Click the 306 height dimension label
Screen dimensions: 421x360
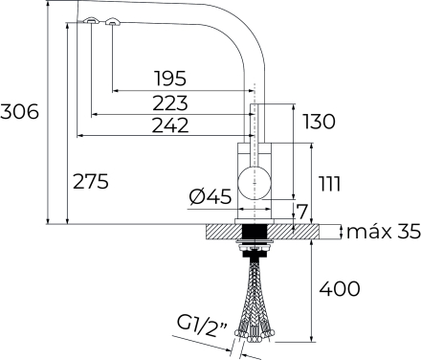tap(19, 112)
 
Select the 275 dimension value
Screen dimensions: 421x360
tap(91, 181)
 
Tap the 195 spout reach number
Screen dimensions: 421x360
tap(170, 79)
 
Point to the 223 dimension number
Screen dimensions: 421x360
tap(170, 103)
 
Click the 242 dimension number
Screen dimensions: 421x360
tap(170, 125)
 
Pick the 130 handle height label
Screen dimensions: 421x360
tap(319, 122)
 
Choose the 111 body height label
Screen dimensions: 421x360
tap(330, 184)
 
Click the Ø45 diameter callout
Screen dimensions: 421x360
tap(210, 196)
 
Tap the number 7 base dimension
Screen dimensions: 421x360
tap(301, 212)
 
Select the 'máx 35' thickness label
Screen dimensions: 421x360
tap(384, 232)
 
